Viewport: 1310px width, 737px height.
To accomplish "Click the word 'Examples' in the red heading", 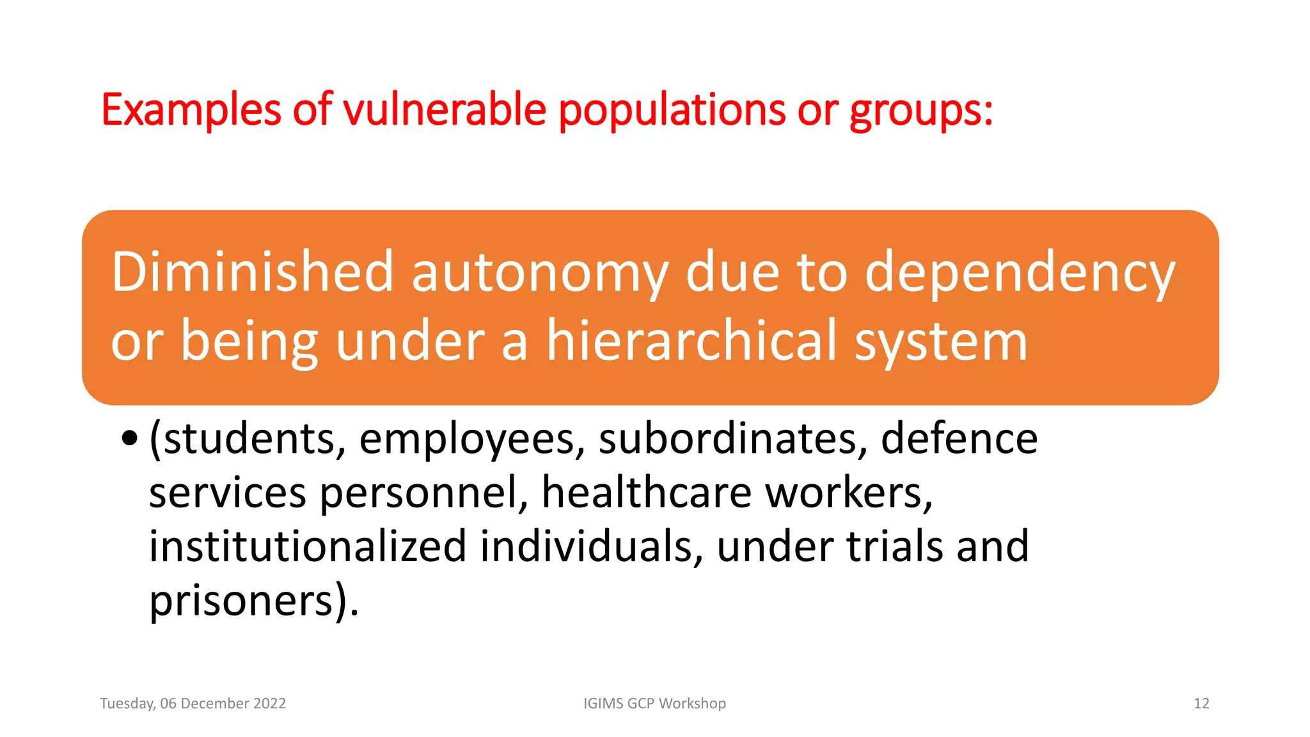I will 191,110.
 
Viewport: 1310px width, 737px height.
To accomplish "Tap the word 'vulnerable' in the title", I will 445,110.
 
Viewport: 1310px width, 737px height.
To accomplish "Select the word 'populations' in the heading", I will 672,110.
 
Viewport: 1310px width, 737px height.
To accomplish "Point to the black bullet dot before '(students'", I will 130,439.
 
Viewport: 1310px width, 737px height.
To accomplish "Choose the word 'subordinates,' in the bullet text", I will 733,439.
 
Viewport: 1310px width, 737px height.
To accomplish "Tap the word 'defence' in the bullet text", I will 959,439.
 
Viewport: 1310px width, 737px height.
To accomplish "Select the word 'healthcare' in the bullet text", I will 646,493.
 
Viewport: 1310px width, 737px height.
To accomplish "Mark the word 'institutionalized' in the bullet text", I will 308,546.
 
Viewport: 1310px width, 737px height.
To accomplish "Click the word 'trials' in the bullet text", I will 895,546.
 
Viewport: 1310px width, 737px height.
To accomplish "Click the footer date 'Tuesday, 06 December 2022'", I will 193,703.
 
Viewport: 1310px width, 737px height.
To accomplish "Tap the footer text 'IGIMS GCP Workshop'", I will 654,703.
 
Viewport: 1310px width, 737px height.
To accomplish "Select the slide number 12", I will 1201,703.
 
